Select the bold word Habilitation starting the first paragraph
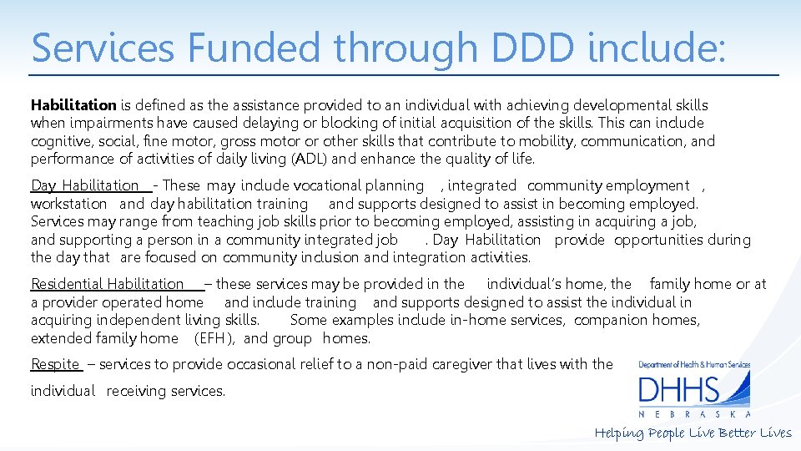pyautogui.click(x=73, y=105)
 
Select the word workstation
pyautogui.click(x=69, y=204)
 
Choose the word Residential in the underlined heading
pyautogui.click(x=67, y=284)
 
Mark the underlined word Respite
pyautogui.click(x=55, y=364)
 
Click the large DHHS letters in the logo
pyautogui.click(x=678, y=390)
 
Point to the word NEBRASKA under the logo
pyautogui.click(x=694, y=414)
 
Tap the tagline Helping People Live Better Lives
pyautogui.click(x=693, y=433)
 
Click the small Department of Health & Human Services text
pyautogui.click(x=694, y=364)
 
